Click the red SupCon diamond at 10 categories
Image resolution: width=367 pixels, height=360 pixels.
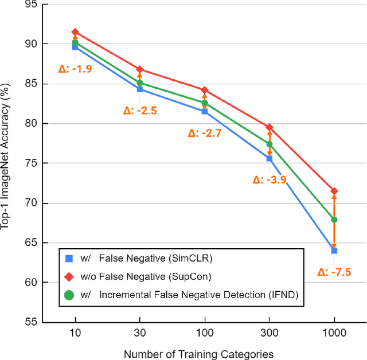tap(75, 32)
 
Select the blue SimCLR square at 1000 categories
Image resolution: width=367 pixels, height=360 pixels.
tap(334, 251)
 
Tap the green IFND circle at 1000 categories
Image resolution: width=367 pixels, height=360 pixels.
tap(334, 220)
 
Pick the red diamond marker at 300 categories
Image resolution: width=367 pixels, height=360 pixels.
tap(270, 127)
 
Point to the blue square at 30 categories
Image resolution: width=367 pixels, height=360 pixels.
tap(140, 89)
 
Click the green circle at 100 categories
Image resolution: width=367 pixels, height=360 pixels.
tap(205, 103)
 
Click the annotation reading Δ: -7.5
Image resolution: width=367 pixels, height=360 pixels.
tap(334, 272)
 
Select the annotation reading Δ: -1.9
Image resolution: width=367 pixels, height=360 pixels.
tap(76, 68)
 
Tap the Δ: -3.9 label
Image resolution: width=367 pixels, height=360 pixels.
tap(270, 179)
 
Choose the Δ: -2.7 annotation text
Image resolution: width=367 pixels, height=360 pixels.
tap(205, 133)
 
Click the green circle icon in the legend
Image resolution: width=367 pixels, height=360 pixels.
tap(69, 295)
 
